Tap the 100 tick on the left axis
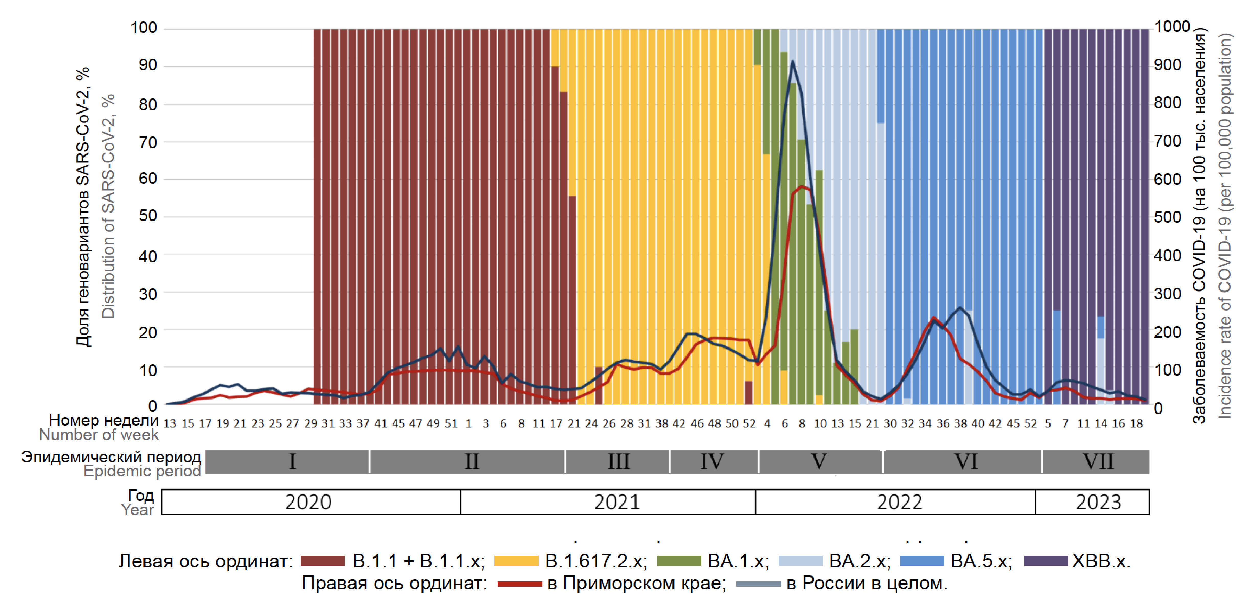click(144, 28)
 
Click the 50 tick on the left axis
click(148, 216)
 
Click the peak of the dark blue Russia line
click(792, 61)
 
